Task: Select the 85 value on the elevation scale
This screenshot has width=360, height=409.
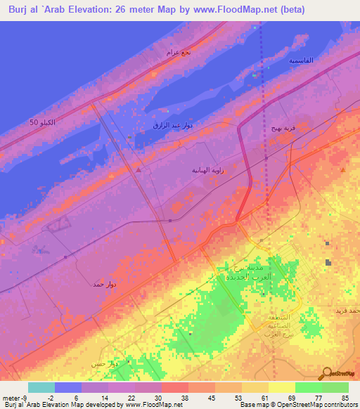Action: (345, 397)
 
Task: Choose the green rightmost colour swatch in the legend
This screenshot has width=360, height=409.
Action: (335, 387)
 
